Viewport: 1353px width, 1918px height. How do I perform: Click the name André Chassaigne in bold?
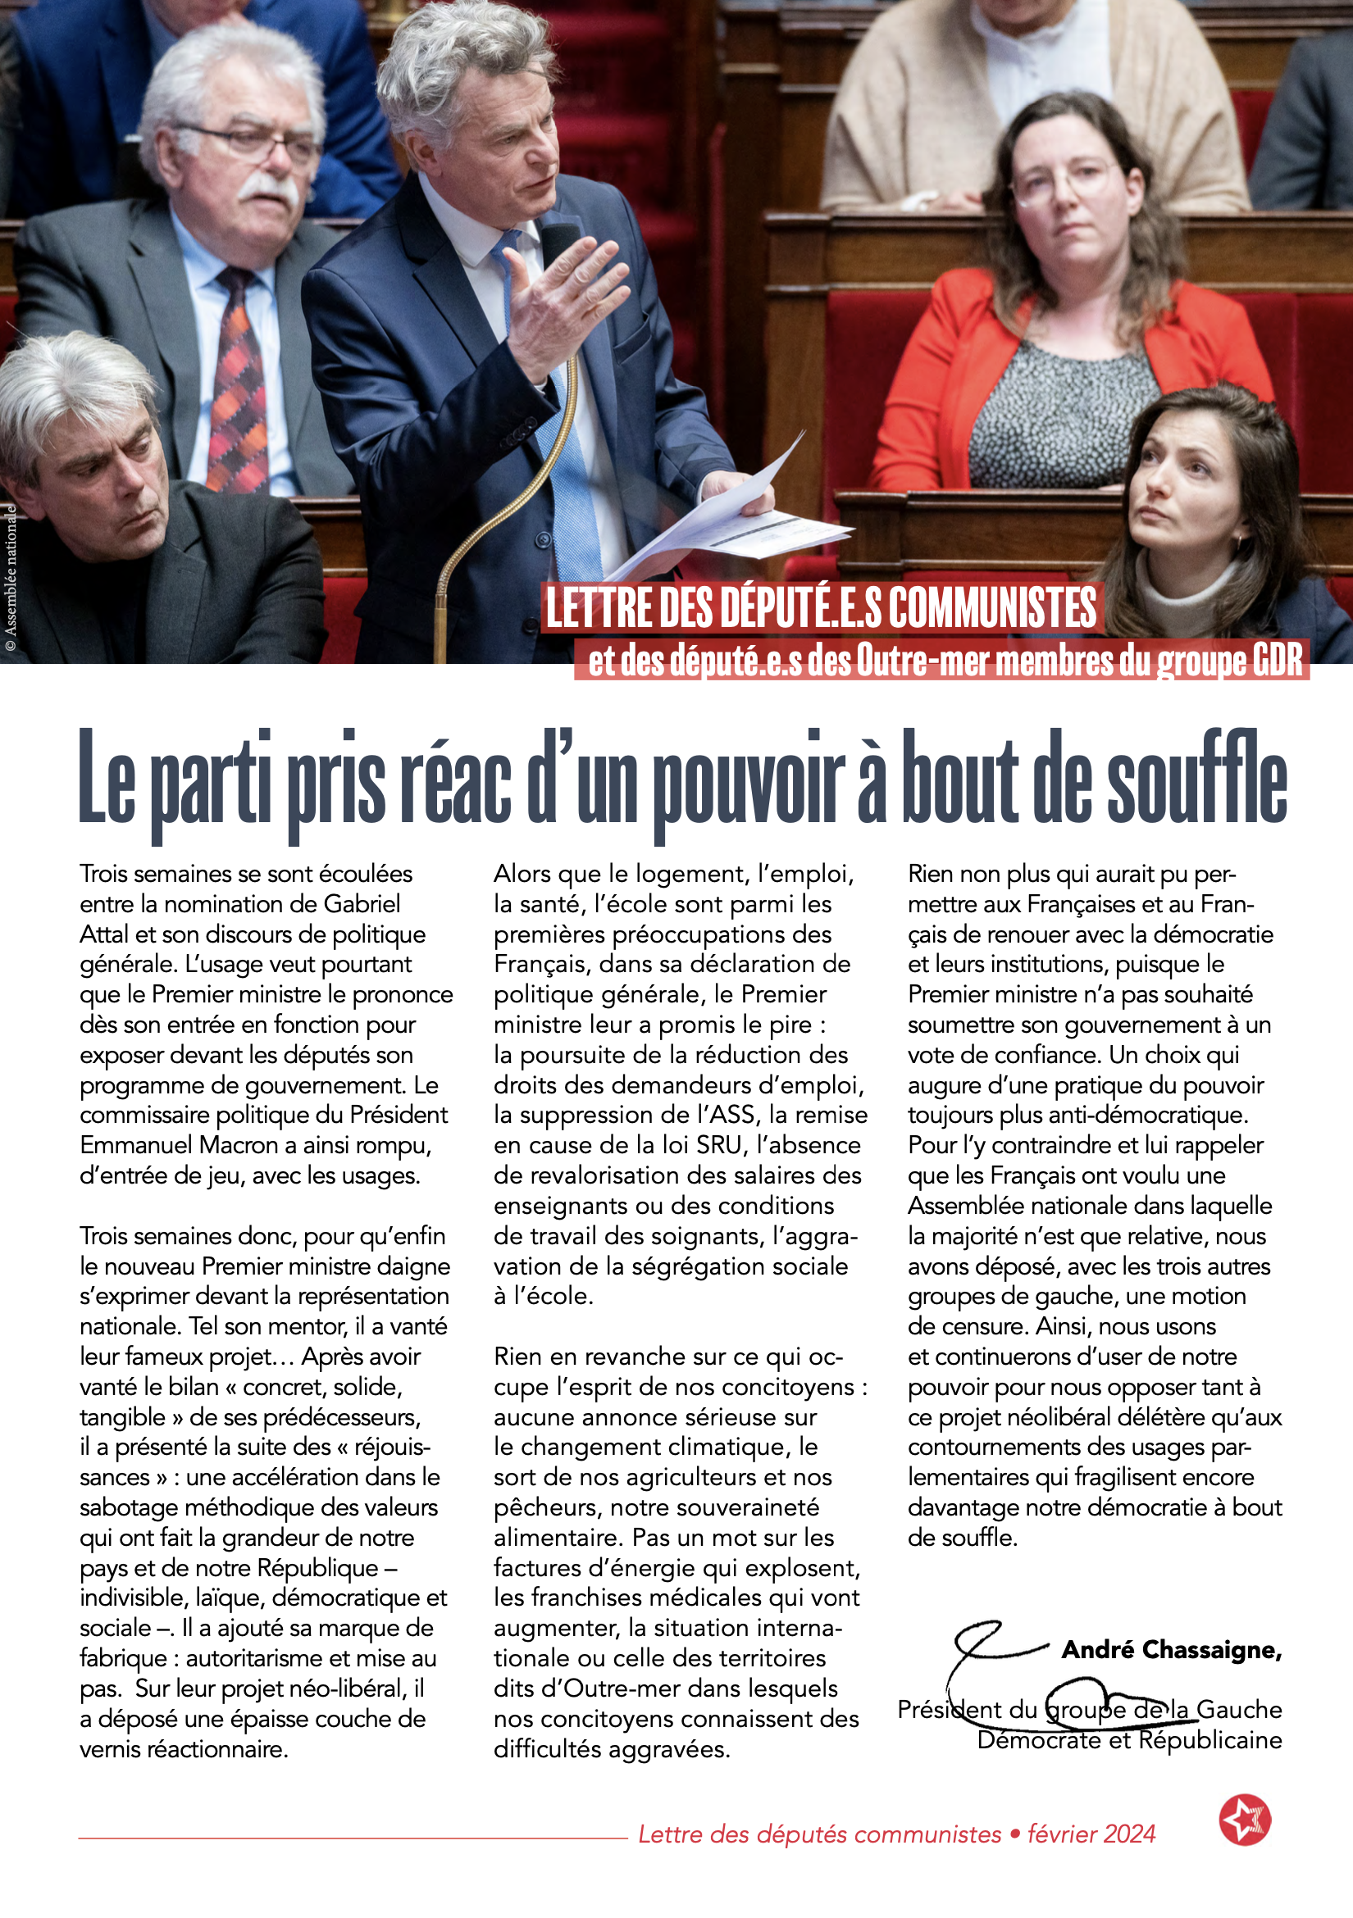(1171, 1650)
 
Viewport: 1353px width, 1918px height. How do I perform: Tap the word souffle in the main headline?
(1196, 777)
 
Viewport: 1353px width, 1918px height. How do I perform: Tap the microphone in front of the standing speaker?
(558, 243)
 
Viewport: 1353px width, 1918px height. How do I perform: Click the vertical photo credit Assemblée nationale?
(11, 576)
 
